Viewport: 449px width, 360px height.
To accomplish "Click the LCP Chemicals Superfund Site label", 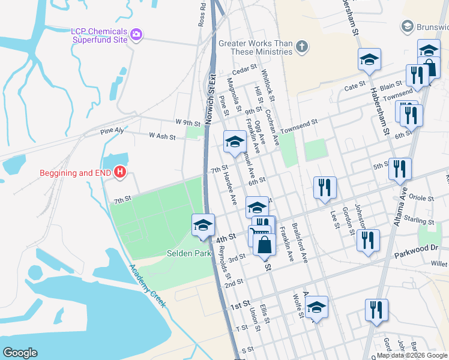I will pos(99,35).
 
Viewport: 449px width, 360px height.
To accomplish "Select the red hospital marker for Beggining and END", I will pos(120,173).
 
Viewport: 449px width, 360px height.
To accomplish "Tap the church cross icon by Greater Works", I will pos(301,46).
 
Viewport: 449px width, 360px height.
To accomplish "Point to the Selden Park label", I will pos(189,254).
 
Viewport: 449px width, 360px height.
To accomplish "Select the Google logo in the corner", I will pos(20,353).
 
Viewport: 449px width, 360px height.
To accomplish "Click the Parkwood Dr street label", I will pos(417,251).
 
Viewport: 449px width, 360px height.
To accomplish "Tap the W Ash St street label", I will pos(162,137).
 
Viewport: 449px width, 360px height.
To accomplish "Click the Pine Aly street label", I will pos(112,130).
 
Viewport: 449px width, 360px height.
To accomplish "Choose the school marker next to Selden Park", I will pos(203,226).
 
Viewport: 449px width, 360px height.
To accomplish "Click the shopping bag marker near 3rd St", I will pos(264,244).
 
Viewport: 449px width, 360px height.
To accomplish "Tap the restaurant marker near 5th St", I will pos(399,170).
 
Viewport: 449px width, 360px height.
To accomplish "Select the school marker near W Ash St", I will pos(234,142).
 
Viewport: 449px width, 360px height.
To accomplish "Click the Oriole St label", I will pos(421,197).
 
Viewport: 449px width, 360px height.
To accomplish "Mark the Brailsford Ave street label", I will pos(300,243).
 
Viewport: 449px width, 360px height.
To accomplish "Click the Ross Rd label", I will pos(202,14).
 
